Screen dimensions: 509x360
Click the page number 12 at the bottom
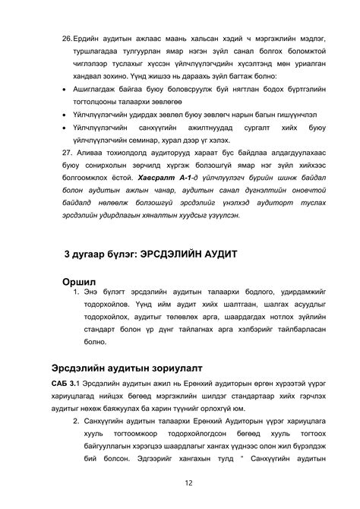tap(186, 482)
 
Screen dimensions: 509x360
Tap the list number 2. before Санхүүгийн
tap(77, 421)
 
